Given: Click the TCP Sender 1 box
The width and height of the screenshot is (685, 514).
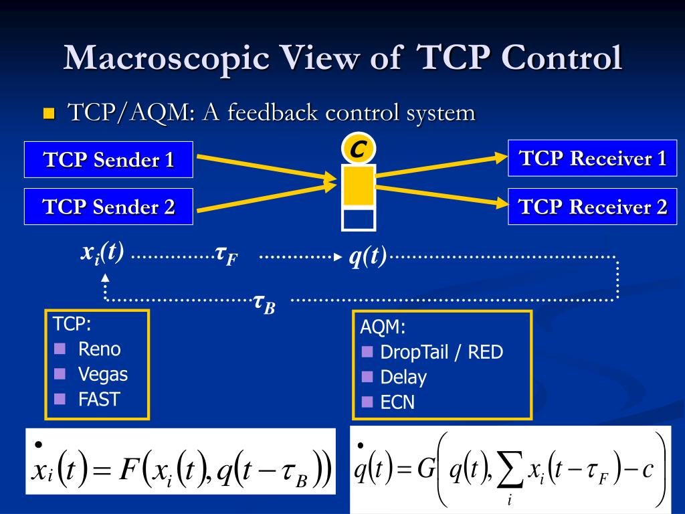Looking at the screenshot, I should point(108,159).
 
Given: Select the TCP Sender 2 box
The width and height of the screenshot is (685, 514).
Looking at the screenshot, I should point(108,207).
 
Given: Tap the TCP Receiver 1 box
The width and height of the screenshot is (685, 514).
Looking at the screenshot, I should point(593,158).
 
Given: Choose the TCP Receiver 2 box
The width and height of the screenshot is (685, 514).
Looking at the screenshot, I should point(593,207).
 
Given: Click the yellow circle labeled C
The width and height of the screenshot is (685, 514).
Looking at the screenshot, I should point(358,149).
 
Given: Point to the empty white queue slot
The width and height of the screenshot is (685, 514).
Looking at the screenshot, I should point(359,219).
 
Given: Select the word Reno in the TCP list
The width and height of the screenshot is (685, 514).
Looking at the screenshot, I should point(99,349).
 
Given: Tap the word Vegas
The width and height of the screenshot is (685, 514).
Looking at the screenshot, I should point(102,374).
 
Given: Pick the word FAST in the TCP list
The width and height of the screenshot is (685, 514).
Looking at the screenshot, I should point(98,400).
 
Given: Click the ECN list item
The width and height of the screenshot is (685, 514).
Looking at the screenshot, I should point(397,402).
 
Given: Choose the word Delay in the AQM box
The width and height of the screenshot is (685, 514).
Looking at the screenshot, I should point(403,377).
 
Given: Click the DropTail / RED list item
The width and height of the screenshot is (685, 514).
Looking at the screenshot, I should point(442,352).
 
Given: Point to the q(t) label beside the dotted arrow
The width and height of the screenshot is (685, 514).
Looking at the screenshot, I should point(367,256).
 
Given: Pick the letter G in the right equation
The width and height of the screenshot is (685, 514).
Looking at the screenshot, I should point(426,470).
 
